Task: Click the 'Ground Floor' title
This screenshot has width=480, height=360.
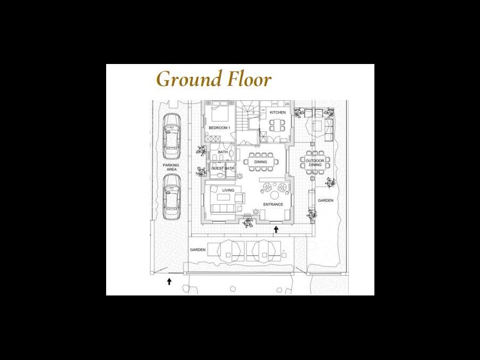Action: [214, 79]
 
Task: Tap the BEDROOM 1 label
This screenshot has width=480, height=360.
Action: [219, 127]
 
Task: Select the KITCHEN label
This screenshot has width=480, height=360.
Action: [278, 113]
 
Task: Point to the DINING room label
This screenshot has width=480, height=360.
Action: [260, 162]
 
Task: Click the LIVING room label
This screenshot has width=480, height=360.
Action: [228, 190]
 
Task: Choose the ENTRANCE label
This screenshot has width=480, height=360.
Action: [273, 204]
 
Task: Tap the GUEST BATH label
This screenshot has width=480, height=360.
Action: [222, 169]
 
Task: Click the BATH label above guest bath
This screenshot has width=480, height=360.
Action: [222, 152]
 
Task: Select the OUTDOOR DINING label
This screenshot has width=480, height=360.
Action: [315, 163]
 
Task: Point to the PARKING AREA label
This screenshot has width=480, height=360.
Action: [171, 167]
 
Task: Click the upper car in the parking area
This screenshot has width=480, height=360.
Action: [171, 136]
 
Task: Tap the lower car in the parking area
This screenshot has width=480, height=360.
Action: [171, 196]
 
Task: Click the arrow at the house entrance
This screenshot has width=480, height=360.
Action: [276, 229]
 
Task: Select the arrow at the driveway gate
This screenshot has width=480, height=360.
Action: [169, 281]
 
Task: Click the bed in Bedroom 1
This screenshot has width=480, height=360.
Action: [220, 112]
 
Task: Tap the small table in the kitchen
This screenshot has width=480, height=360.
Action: [277, 125]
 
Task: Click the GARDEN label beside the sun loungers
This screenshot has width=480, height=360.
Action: [198, 250]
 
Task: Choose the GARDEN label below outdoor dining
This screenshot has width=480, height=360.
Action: [325, 201]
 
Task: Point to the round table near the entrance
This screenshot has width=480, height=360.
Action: [274, 195]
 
